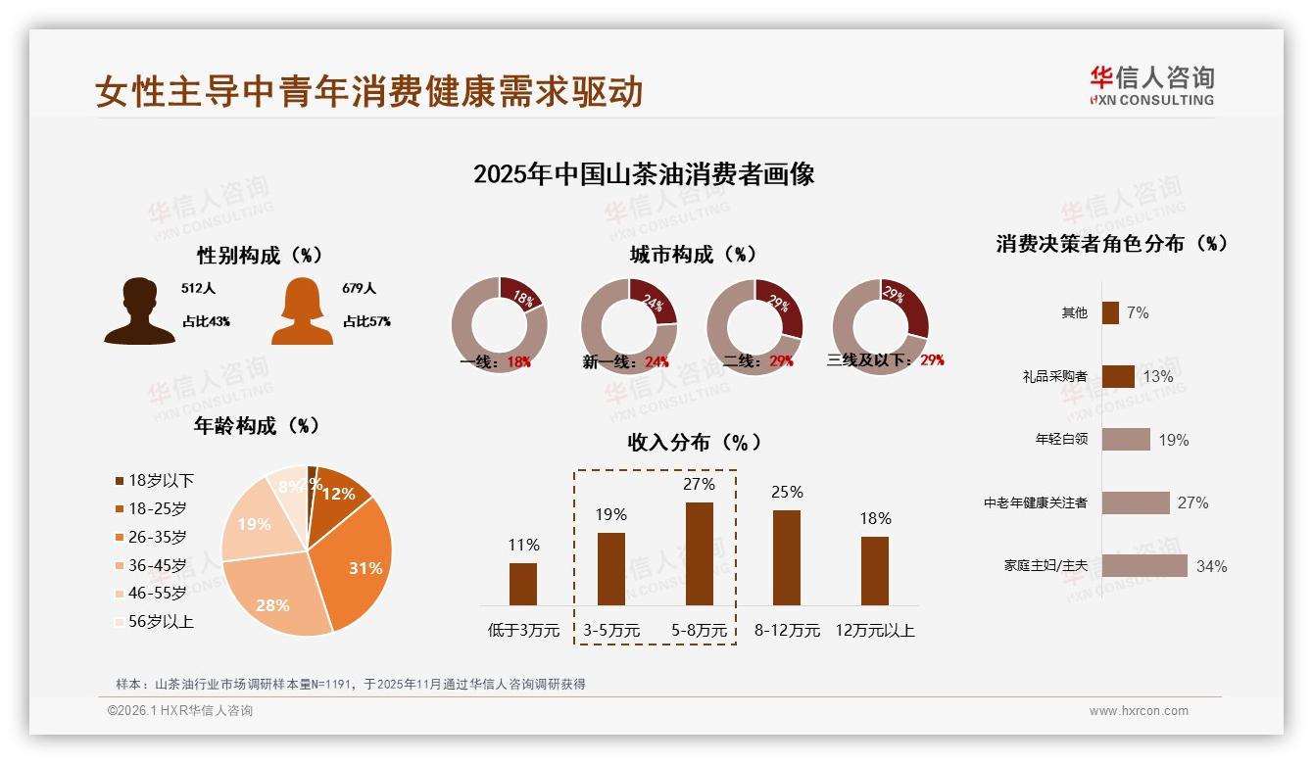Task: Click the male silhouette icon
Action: click(139, 310)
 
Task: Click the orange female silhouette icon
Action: click(302, 311)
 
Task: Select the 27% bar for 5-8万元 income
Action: click(699, 553)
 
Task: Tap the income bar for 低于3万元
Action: click(523, 584)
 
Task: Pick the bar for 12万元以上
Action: click(875, 570)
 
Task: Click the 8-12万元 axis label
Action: click(787, 631)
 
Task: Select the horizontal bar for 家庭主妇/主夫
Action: click(1143, 566)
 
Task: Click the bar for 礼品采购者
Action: click(1118, 376)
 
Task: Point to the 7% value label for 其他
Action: click(1138, 312)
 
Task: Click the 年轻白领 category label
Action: click(1061, 440)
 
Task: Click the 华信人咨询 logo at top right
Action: click(1152, 85)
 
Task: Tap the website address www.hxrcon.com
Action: click(1139, 711)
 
